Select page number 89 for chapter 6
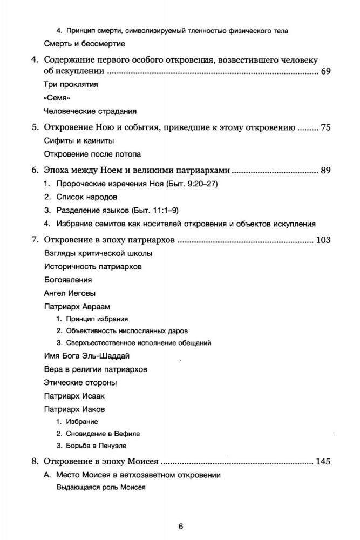[x=325, y=170]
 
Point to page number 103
[x=323, y=240]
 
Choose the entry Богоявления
[x=67, y=280]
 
